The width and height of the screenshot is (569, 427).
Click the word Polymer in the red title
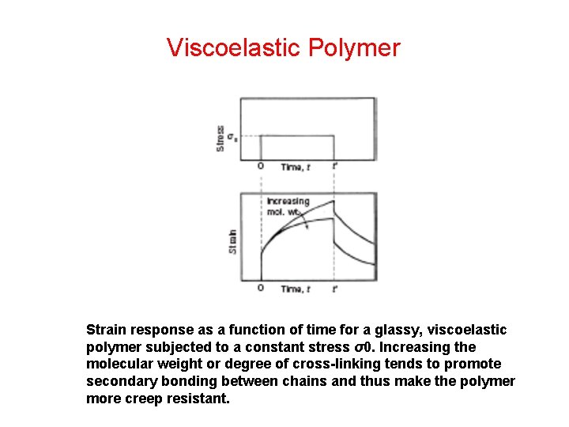coord(354,47)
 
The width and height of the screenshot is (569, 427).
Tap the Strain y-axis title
coord(232,241)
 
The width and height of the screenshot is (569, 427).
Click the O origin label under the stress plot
coord(261,167)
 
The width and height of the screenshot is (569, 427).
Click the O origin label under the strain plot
coord(261,289)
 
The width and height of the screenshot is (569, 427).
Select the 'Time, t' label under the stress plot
coord(296,167)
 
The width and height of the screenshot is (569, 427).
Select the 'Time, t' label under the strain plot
coord(296,289)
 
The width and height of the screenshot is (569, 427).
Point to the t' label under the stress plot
coord(335,166)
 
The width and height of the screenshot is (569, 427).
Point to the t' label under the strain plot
coord(335,289)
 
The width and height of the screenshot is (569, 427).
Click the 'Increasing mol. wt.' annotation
coord(287,206)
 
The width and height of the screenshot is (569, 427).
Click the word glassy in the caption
coord(392,330)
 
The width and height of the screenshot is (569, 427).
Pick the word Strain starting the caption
coord(105,330)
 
